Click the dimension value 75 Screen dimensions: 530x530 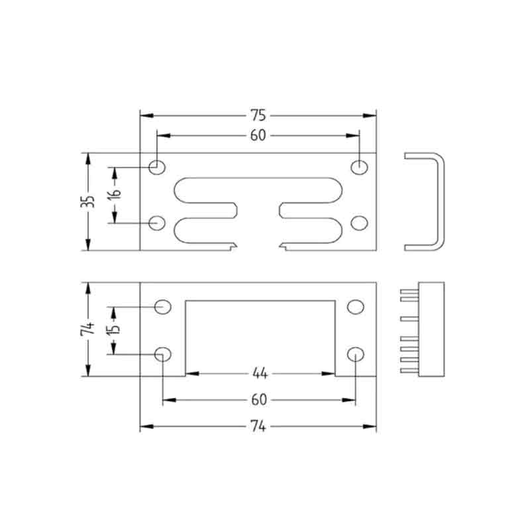coord(258,115)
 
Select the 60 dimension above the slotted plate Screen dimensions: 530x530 coord(258,136)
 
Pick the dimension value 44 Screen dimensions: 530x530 coord(259,374)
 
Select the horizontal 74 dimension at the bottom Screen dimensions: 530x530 coord(258,427)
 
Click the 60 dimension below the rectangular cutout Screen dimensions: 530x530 coord(259,400)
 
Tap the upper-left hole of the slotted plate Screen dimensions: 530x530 coord(157,167)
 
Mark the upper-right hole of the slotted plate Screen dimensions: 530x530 coord(359,167)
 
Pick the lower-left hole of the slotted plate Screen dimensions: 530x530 coord(157,223)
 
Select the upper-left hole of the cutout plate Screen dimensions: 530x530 coord(162,307)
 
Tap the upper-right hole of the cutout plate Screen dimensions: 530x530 coord(356,307)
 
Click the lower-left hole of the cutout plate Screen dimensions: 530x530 coord(162,353)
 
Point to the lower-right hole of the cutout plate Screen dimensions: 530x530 coord(356,353)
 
